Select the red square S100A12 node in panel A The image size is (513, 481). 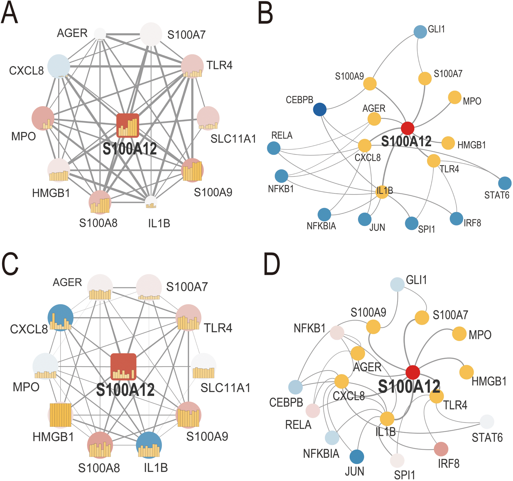tap(128, 125)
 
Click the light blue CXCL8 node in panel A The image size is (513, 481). tap(59, 66)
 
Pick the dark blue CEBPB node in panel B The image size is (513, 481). tap(320, 109)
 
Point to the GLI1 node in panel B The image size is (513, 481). tap(420, 32)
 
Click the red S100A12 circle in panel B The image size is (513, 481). tap(407, 128)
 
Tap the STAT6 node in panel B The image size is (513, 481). tap(505, 183)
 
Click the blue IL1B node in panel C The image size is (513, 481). tap(149, 445)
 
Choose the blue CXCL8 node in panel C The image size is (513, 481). tap(61, 318)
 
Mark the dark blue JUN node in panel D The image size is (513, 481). tap(357, 456)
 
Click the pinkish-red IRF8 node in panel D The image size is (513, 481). tap(441, 449)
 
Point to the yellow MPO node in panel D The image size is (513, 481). tap(459, 334)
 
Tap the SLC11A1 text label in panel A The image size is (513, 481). tap(233, 139)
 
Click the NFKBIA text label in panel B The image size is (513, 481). tap(321, 226)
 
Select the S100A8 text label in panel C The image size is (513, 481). tap(99, 468)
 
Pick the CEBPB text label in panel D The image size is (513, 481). tap(286, 402)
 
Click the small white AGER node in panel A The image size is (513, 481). tap(100, 34)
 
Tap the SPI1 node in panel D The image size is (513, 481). tap(397, 460)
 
